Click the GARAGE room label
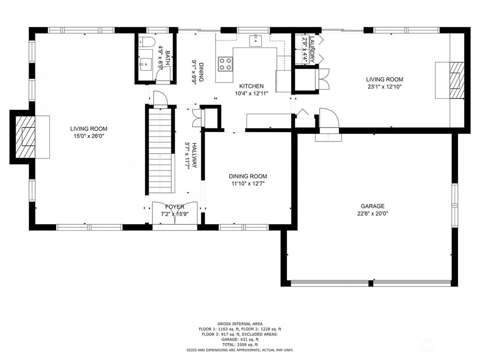click(372, 206)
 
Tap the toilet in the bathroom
click(148, 42)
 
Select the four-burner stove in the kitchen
click(225, 63)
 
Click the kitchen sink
click(256, 40)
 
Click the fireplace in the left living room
click(25, 137)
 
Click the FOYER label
click(175, 207)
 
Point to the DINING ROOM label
click(248, 176)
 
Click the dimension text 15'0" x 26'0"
click(89, 136)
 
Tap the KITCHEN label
click(251, 86)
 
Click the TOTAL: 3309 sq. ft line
click(240, 345)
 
